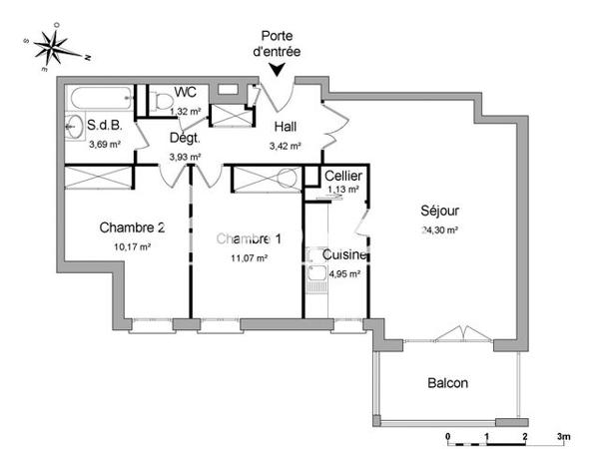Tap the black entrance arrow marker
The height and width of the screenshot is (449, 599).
pyautogui.click(x=278, y=69)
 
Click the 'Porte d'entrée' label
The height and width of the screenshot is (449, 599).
pyautogui.click(x=278, y=44)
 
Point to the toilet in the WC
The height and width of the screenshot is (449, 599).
pyautogui.click(x=162, y=100)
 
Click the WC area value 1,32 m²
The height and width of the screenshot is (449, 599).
pyautogui.click(x=186, y=110)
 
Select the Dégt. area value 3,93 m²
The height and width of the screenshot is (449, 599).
pyautogui.click(x=186, y=157)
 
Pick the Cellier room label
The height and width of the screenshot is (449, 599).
pyautogui.click(x=343, y=177)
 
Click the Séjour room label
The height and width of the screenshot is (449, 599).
pyautogui.click(x=440, y=212)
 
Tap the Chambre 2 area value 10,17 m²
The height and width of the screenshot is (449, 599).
pyautogui.click(x=131, y=246)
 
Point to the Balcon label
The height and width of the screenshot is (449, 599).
pyautogui.click(x=447, y=383)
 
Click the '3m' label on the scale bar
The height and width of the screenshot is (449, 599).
pyautogui.click(x=564, y=437)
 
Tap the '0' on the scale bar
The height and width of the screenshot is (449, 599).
pyautogui.click(x=449, y=437)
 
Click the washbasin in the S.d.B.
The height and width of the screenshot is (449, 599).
pyautogui.click(x=73, y=127)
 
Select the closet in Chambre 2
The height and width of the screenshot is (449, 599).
pyautogui.click(x=98, y=179)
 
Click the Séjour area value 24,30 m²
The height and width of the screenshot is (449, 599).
pyautogui.click(x=440, y=230)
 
